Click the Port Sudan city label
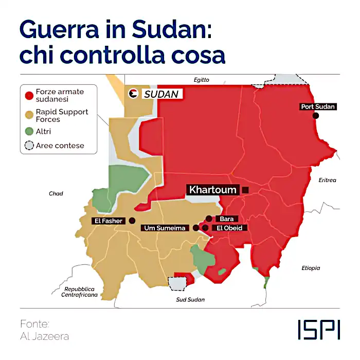click(x=318, y=107)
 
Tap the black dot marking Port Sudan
click(x=316, y=116)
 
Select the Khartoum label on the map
click(x=213, y=190)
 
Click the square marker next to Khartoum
click(x=245, y=190)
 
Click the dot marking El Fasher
click(x=132, y=221)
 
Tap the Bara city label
click(x=226, y=219)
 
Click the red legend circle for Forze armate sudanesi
click(x=29, y=95)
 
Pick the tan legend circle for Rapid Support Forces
click(x=29, y=115)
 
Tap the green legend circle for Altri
click(x=29, y=132)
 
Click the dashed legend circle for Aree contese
click(x=29, y=146)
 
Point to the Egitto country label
click(x=202, y=80)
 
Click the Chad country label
click(x=56, y=193)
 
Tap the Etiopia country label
click(x=311, y=268)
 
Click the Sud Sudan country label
click(x=190, y=299)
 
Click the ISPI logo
click(x=318, y=330)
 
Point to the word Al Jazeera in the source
click(x=44, y=336)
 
